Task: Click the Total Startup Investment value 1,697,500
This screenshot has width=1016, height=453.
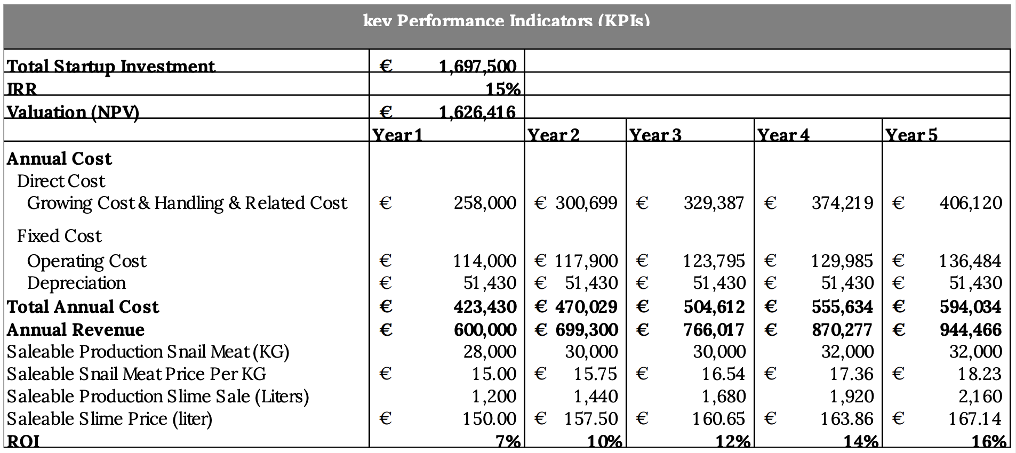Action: click(477, 66)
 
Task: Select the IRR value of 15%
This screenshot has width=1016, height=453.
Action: click(503, 89)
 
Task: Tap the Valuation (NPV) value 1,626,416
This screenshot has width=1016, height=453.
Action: click(477, 112)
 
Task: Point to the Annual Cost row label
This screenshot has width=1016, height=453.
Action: click(59, 159)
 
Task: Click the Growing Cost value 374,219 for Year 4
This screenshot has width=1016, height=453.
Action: click(843, 203)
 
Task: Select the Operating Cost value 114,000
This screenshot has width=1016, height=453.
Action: click(484, 261)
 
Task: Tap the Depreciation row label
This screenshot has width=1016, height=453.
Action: click(76, 283)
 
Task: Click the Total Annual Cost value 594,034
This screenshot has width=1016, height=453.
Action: click(970, 307)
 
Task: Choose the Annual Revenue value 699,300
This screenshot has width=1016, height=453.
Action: click(587, 330)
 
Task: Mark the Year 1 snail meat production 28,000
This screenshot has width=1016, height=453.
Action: click(489, 352)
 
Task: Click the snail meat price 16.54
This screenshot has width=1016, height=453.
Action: click(723, 374)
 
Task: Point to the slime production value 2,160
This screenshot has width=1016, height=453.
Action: click(980, 397)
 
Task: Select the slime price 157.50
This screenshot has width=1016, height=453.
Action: click(591, 419)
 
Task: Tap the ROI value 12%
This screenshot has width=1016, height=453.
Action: click(733, 441)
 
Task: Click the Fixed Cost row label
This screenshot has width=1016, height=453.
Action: click(59, 236)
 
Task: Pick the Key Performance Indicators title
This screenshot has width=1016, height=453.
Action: click(506, 21)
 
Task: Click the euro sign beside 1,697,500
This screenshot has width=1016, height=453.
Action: click(386, 66)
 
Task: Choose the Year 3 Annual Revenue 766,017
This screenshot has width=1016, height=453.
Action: click(714, 330)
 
